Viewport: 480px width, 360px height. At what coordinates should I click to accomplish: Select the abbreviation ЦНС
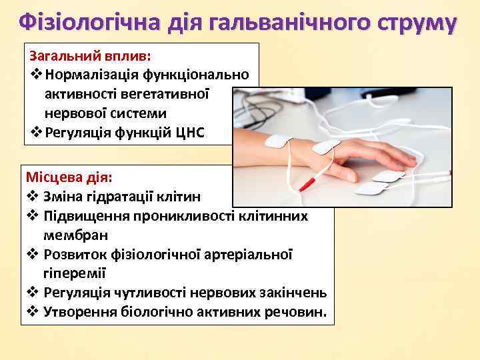coord(191,132)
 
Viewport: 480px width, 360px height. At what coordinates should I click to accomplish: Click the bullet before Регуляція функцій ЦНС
coord(37,132)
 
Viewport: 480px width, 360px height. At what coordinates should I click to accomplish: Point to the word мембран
coord(75,235)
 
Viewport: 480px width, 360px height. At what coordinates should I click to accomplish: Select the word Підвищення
coord(85,216)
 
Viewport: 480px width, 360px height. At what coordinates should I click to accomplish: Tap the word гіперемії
coord(74,273)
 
